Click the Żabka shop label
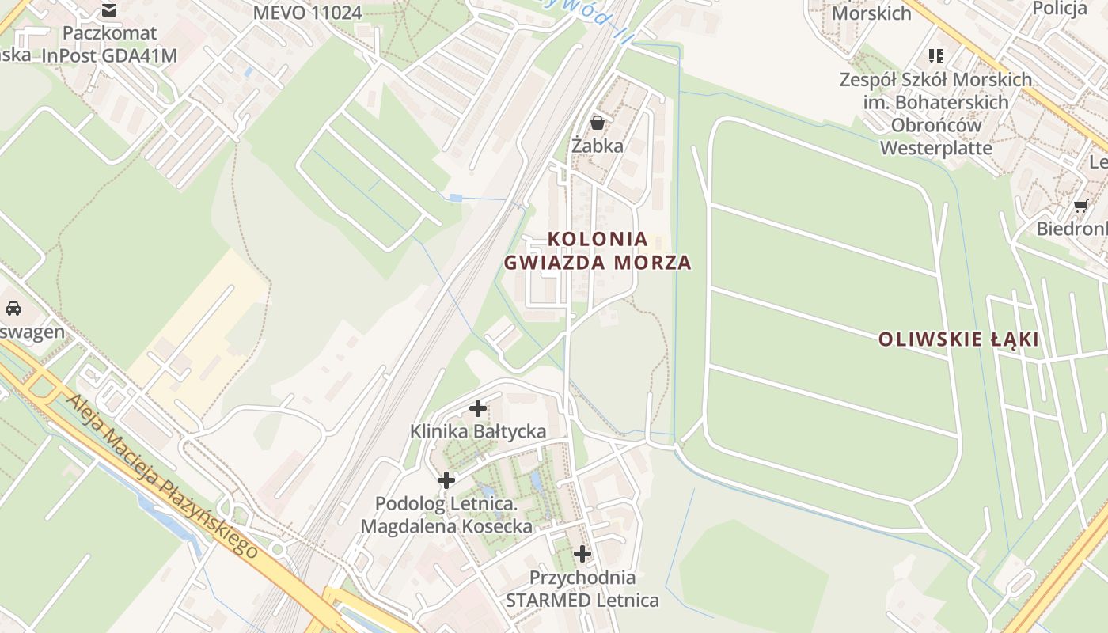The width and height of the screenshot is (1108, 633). [598, 146]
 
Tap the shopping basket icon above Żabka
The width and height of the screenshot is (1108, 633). [598, 123]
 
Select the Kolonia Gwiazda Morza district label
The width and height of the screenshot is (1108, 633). [598, 250]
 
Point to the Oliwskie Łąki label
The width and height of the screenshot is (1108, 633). [958, 339]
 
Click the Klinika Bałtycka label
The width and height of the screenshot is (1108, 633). [478, 431]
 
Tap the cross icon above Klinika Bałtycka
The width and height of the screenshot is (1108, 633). [478, 408]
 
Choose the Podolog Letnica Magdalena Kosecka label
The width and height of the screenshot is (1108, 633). [446, 514]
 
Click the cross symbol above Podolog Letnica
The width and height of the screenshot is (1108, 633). [446, 479]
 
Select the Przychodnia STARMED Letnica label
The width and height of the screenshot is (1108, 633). [582, 589]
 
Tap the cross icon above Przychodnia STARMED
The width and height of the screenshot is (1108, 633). [582, 553]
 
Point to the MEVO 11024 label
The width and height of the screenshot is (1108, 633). [307, 13]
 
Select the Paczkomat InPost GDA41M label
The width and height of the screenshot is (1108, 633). [109, 44]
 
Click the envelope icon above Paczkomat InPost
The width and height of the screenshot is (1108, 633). [109, 10]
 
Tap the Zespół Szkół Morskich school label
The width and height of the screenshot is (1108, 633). [935, 113]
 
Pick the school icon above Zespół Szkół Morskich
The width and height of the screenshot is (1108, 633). [936, 56]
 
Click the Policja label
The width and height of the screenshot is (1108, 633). [1060, 9]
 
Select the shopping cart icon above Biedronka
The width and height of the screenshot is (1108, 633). [1080, 206]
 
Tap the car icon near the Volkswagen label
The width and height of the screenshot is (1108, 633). [13, 309]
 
